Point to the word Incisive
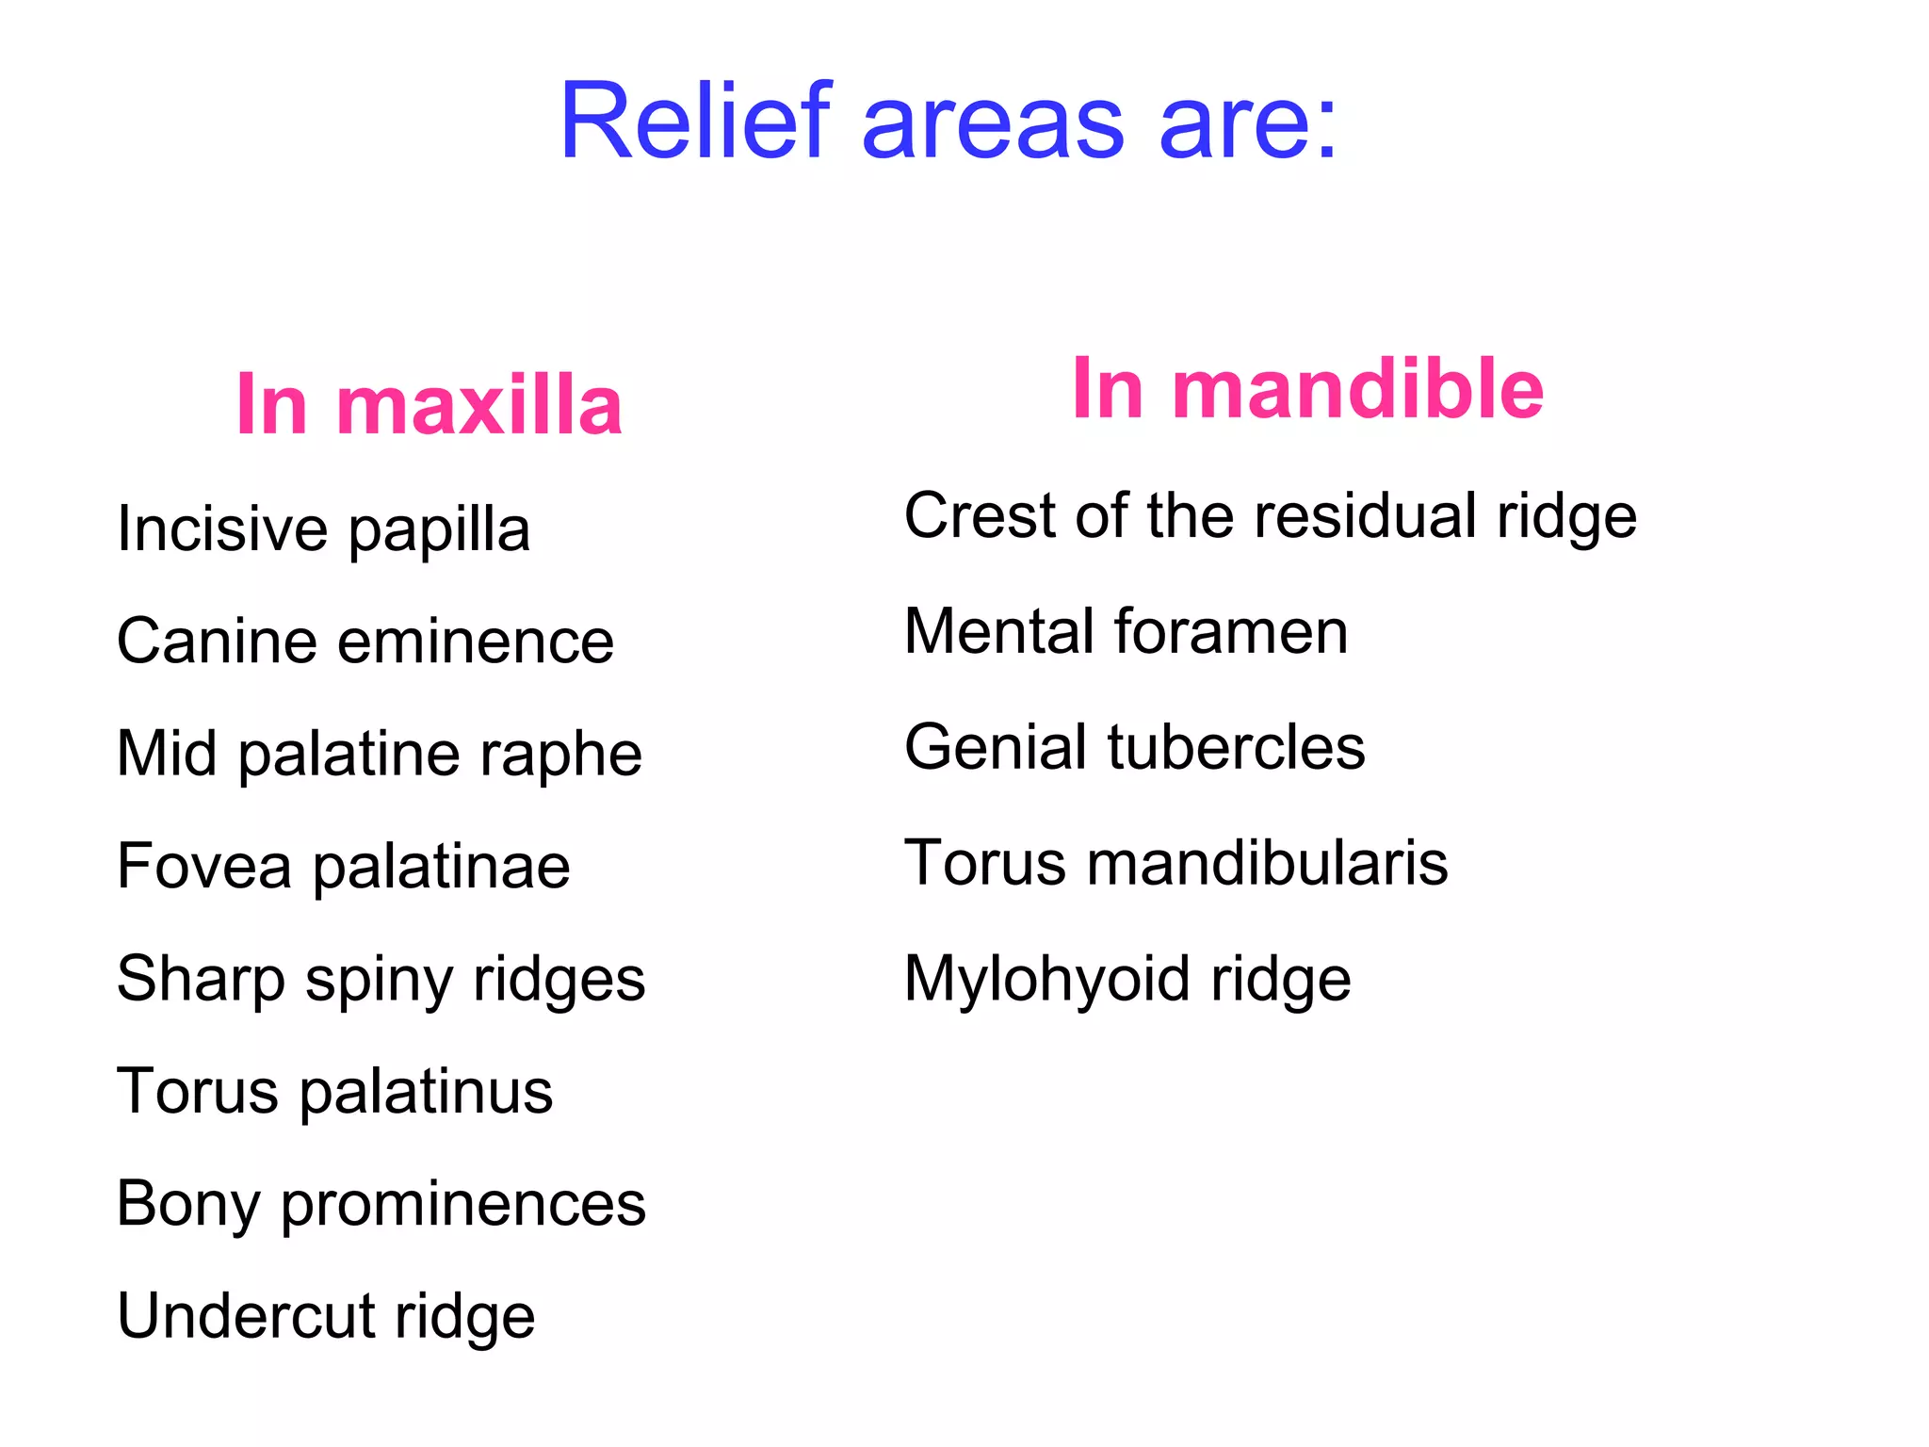point(222,528)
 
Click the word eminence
point(476,642)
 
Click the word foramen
point(1231,631)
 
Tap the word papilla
point(439,530)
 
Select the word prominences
point(463,1205)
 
